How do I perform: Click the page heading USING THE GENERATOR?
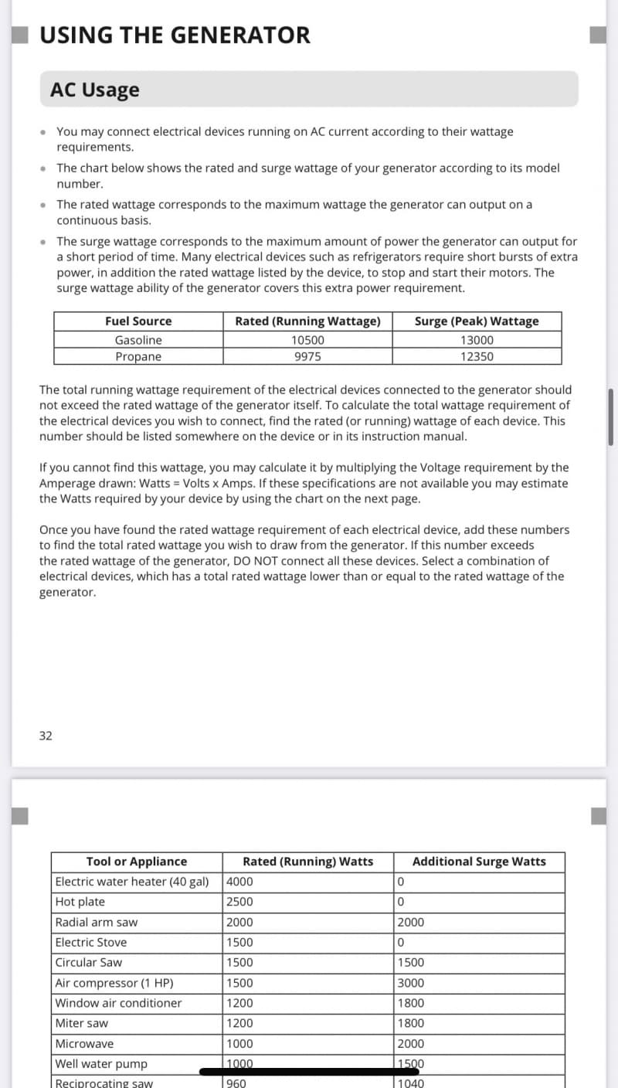tap(175, 35)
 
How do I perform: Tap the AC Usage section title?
tap(95, 90)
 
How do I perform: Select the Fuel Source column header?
tap(138, 321)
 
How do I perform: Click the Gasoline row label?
tap(138, 340)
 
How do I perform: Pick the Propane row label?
tap(138, 356)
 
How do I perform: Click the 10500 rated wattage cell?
tap(307, 340)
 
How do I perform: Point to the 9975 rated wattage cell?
tap(307, 356)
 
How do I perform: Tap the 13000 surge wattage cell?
tap(477, 340)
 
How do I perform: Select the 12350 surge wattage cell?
tap(477, 356)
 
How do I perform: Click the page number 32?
tap(46, 736)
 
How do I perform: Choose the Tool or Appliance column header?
tap(136, 862)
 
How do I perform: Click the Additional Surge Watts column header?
tap(479, 862)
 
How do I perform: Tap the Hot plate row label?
tap(80, 902)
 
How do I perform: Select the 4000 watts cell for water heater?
tap(239, 882)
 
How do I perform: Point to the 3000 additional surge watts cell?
tap(410, 983)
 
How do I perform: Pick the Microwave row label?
tap(84, 1043)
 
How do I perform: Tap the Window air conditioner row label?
tap(118, 1003)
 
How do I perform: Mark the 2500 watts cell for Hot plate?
tap(239, 902)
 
